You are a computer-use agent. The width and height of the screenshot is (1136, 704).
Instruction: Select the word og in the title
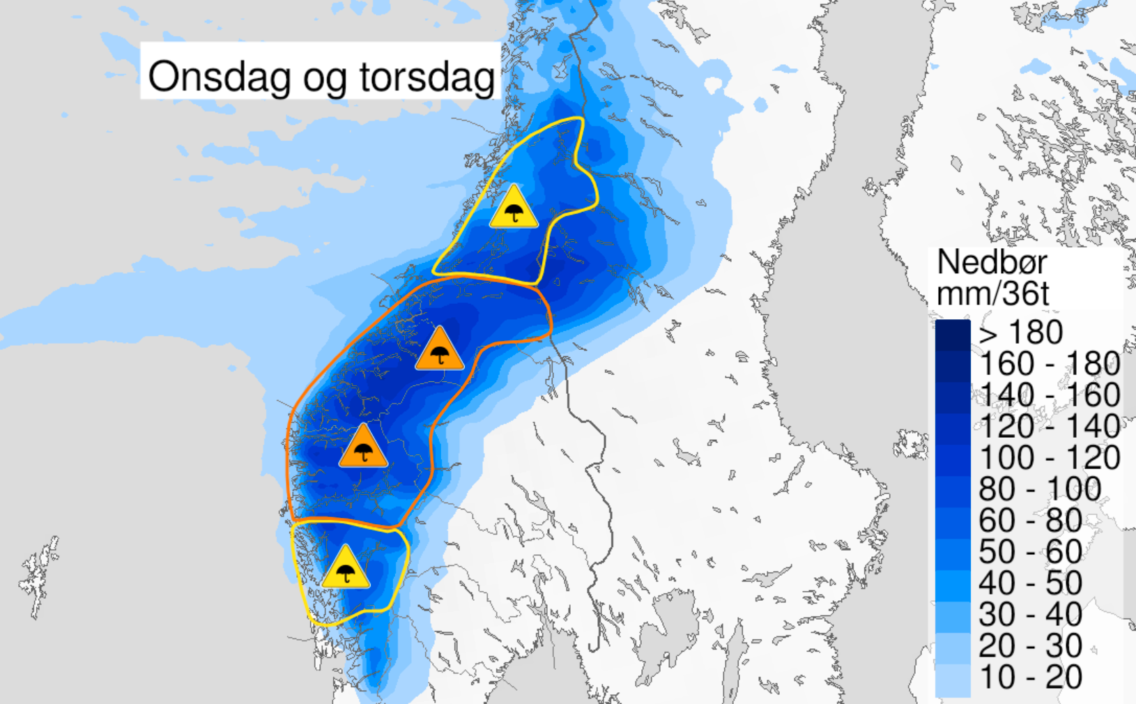pyautogui.click(x=324, y=78)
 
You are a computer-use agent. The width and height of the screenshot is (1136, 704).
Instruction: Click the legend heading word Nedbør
pyautogui.click(x=992, y=263)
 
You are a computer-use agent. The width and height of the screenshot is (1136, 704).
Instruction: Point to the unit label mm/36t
pyautogui.click(x=992, y=293)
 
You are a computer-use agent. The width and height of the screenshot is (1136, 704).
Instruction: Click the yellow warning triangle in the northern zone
pyautogui.click(x=514, y=208)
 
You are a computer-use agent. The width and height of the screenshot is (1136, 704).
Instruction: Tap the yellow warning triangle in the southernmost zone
pyautogui.click(x=346, y=569)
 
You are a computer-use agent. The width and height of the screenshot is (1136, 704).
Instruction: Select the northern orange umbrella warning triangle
pyautogui.click(x=440, y=351)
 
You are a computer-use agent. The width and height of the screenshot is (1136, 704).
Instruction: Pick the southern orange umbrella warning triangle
pyautogui.click(x=363, y=448)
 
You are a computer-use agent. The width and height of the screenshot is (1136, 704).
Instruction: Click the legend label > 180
pyautogui.click(x=1020, y=332)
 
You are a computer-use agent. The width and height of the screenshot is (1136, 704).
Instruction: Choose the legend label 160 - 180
pyautogui.click(x=1050, y=364)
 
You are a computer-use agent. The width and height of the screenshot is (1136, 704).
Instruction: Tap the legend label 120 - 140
pyautogui.click(x=1050, y=427)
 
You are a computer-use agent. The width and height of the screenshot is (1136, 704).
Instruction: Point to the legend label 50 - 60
pyautogui.click(x=1030, y=552)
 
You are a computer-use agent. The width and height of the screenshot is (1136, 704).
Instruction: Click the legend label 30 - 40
pyautogui.click(x=1030, y=615)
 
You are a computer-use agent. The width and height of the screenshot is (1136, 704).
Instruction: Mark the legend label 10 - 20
pyautogui.click(x=1030, y=678)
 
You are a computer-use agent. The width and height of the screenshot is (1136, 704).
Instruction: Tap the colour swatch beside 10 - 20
pyautogui.click(x=953, y=680)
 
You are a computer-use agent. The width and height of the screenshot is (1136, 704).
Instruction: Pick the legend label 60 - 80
pyautogui.click(x=1030, y=521)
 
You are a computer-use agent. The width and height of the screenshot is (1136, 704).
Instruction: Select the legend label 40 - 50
pyautogui.click(x=1030, y=583)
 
